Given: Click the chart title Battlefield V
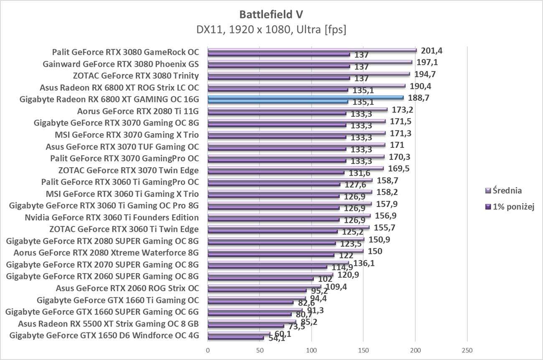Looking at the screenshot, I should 271,15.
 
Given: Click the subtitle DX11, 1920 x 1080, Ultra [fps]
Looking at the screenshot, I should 271,30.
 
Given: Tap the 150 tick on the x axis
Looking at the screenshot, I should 363,350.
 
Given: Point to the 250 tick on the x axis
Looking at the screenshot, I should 467,350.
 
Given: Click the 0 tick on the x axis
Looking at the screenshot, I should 208,350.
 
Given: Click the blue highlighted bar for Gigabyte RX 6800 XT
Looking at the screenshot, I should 305,98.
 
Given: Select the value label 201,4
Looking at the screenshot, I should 432,51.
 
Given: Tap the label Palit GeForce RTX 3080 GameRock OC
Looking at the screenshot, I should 125,52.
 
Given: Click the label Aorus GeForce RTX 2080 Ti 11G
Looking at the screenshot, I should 138,111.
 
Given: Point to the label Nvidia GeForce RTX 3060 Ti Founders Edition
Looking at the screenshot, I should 112,218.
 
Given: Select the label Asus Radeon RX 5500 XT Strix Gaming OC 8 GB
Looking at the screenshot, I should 108,324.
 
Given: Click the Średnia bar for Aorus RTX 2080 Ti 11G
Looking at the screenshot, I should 297,110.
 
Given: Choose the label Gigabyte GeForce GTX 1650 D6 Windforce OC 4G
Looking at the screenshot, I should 104,335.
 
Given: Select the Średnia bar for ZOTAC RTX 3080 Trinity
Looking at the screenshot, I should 309,74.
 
